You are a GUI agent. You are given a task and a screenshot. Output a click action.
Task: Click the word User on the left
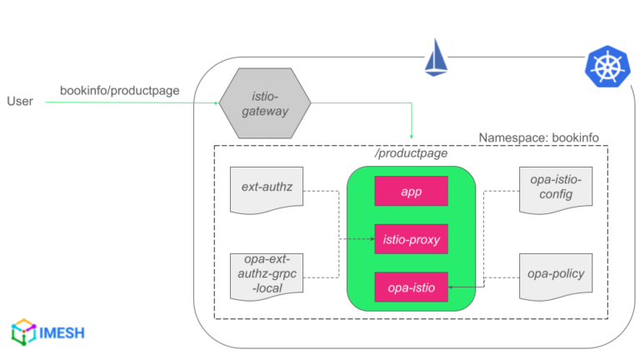coord(20,102)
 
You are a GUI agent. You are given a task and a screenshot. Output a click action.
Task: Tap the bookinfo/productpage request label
coord(119,90)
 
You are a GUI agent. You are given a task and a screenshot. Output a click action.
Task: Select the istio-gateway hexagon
coord(265,103)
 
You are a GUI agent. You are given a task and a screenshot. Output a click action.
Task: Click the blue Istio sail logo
coord(437,57)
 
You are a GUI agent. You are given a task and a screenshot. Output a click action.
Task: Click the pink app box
coord(411,191)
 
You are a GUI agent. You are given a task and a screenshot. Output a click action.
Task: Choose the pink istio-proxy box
coord(411,239)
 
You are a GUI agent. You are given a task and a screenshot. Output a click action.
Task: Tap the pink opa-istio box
coord(411,287)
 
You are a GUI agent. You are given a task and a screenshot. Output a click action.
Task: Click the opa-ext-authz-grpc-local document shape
coord(265,276)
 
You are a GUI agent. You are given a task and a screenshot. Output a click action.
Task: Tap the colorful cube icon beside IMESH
coord(22,332)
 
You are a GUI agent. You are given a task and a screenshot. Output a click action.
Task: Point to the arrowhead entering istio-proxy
coord(371,239)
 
